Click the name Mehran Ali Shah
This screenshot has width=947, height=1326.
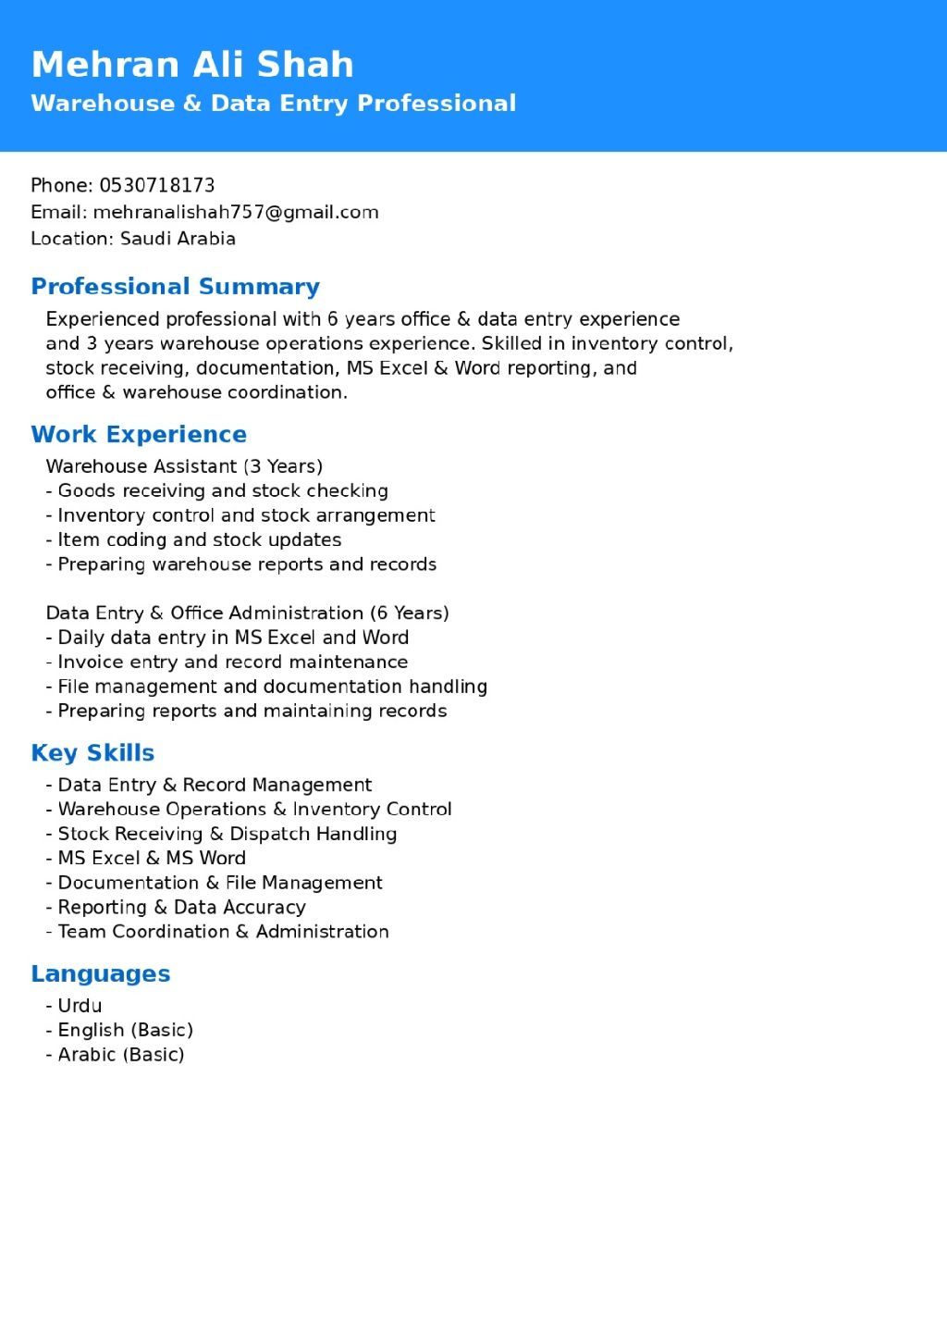point(192,65)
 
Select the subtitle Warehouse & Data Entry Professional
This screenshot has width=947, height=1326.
point(274,103)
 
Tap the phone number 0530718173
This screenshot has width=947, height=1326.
point(157,185)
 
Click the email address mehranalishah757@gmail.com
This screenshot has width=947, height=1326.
point(236,212)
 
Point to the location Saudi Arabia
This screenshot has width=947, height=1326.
point(178,239)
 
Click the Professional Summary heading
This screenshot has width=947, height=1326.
point(176,287)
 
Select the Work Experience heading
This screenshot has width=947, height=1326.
point(139,435)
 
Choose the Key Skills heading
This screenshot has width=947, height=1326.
point(92,753)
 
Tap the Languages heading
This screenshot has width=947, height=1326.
point(101,973)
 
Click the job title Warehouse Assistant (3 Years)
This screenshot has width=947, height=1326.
point(184,466)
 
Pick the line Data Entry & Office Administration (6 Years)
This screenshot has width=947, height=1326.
point(247,613)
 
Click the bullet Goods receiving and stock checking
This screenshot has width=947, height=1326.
point(222,491)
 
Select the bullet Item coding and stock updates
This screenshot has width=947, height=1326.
point(199,539)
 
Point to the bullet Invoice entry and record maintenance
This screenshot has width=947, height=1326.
point(232,663)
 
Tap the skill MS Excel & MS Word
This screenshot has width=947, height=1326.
point(152,858)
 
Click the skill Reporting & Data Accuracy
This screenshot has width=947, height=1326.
point(181,907)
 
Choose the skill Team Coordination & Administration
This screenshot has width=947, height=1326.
point(223,932)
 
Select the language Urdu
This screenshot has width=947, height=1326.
point(80,1006)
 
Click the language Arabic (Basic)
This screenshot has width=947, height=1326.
point(120,1055)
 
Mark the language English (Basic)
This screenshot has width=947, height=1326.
point(125,1030)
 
